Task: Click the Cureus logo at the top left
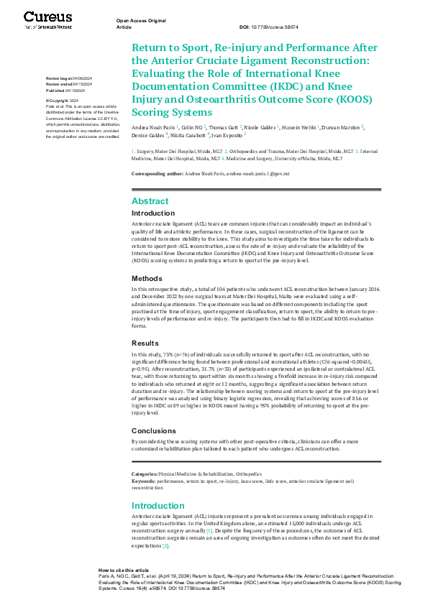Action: (x=48, y=19)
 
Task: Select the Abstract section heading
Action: (x=150, y=201)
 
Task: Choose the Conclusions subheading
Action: (x=154, y=432)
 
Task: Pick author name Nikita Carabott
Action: (x=188, y=134)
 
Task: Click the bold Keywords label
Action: (x=145, y=481)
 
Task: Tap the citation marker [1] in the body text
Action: (x=229, y=530)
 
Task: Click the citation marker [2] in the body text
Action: (x=165, y=546)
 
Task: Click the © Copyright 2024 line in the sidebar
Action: (x=62, y=100)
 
